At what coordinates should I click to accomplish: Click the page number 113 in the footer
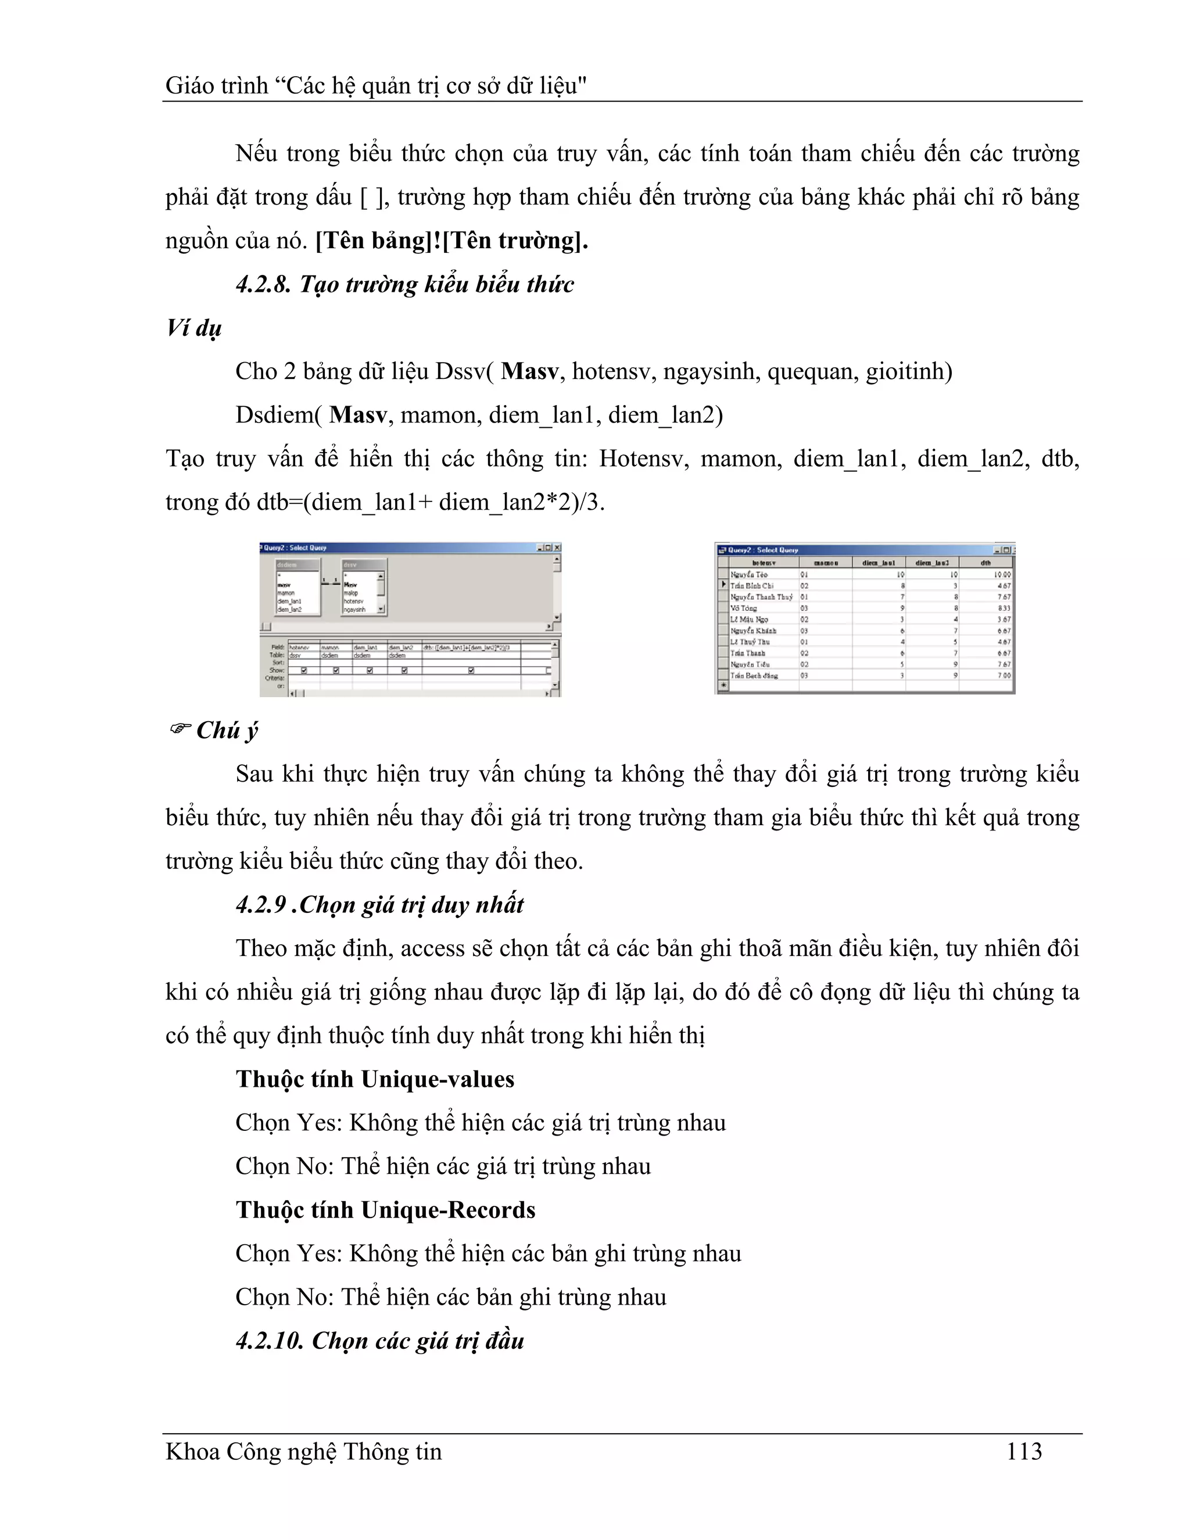(x=1024, y=1451)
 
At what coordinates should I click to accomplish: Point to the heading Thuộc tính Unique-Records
(x=385, y=1209)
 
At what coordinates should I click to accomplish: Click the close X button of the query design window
(x=557, y=547)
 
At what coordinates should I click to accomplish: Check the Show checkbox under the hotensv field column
(x=304, y=671)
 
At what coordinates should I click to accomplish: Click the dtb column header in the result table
(x=985, y=563)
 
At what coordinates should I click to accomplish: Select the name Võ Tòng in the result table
(x=744, y=608)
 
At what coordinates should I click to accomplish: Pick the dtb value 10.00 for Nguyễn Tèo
(x=1002, y=575)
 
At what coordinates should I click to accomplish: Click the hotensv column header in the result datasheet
(x=764, y=563)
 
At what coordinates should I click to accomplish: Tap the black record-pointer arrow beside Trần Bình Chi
(x=723, y=585)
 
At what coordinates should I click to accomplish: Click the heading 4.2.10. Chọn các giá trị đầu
(x=379, y=1341)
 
